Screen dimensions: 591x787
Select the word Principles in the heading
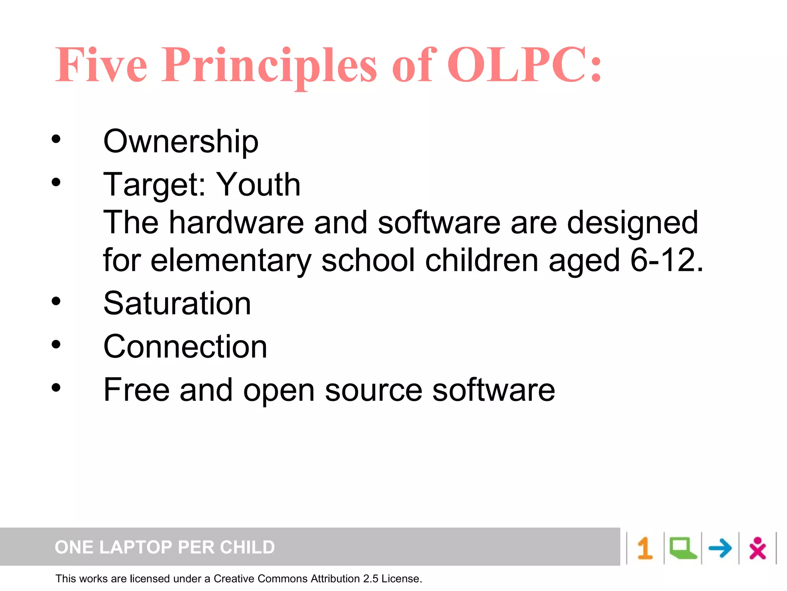269,65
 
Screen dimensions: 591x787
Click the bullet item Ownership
181,142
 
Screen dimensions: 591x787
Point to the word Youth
258,185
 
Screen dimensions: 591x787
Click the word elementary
231,260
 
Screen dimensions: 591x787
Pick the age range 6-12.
666,260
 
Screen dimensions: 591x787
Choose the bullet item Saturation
177,304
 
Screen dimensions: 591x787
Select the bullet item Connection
185,347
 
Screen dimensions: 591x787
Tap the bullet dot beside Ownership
56,139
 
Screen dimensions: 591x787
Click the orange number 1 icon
645,548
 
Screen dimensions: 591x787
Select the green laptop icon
682,548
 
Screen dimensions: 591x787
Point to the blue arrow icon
720,548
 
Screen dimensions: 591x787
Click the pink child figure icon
757,548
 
